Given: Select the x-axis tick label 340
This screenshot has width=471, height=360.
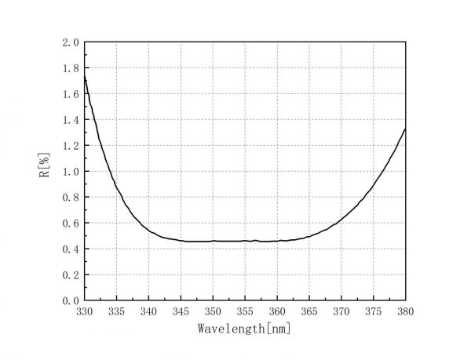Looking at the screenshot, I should coord(148,312).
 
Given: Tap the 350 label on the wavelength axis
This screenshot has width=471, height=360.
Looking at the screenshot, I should coord(213,312).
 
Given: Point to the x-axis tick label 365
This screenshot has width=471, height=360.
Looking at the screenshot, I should coord(309,312).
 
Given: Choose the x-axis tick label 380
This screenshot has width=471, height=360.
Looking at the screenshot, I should coord(405,312).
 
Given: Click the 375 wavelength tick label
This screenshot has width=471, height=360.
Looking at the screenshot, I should coord(373,312).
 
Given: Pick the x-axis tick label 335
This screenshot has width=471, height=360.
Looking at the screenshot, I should coord(116,312).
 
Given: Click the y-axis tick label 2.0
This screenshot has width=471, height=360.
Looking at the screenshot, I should coord(71,42).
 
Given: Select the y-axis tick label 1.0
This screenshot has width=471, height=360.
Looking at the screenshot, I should coord(71,172).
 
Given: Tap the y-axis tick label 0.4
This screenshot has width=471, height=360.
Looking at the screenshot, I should coord(71,249).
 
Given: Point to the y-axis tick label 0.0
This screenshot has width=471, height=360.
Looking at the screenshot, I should coord(71,301).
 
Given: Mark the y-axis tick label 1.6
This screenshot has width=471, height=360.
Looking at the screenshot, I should coord(71,94).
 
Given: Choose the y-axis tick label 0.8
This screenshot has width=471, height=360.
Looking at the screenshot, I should coord(71,198).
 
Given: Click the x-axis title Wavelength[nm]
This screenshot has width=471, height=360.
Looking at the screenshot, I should coord(244,329).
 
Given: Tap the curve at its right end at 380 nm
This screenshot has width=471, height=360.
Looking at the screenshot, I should coord(405,129).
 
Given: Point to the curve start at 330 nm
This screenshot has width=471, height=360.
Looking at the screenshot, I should coord(85,77).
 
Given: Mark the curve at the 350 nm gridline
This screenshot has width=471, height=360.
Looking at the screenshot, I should coord(213,241).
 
